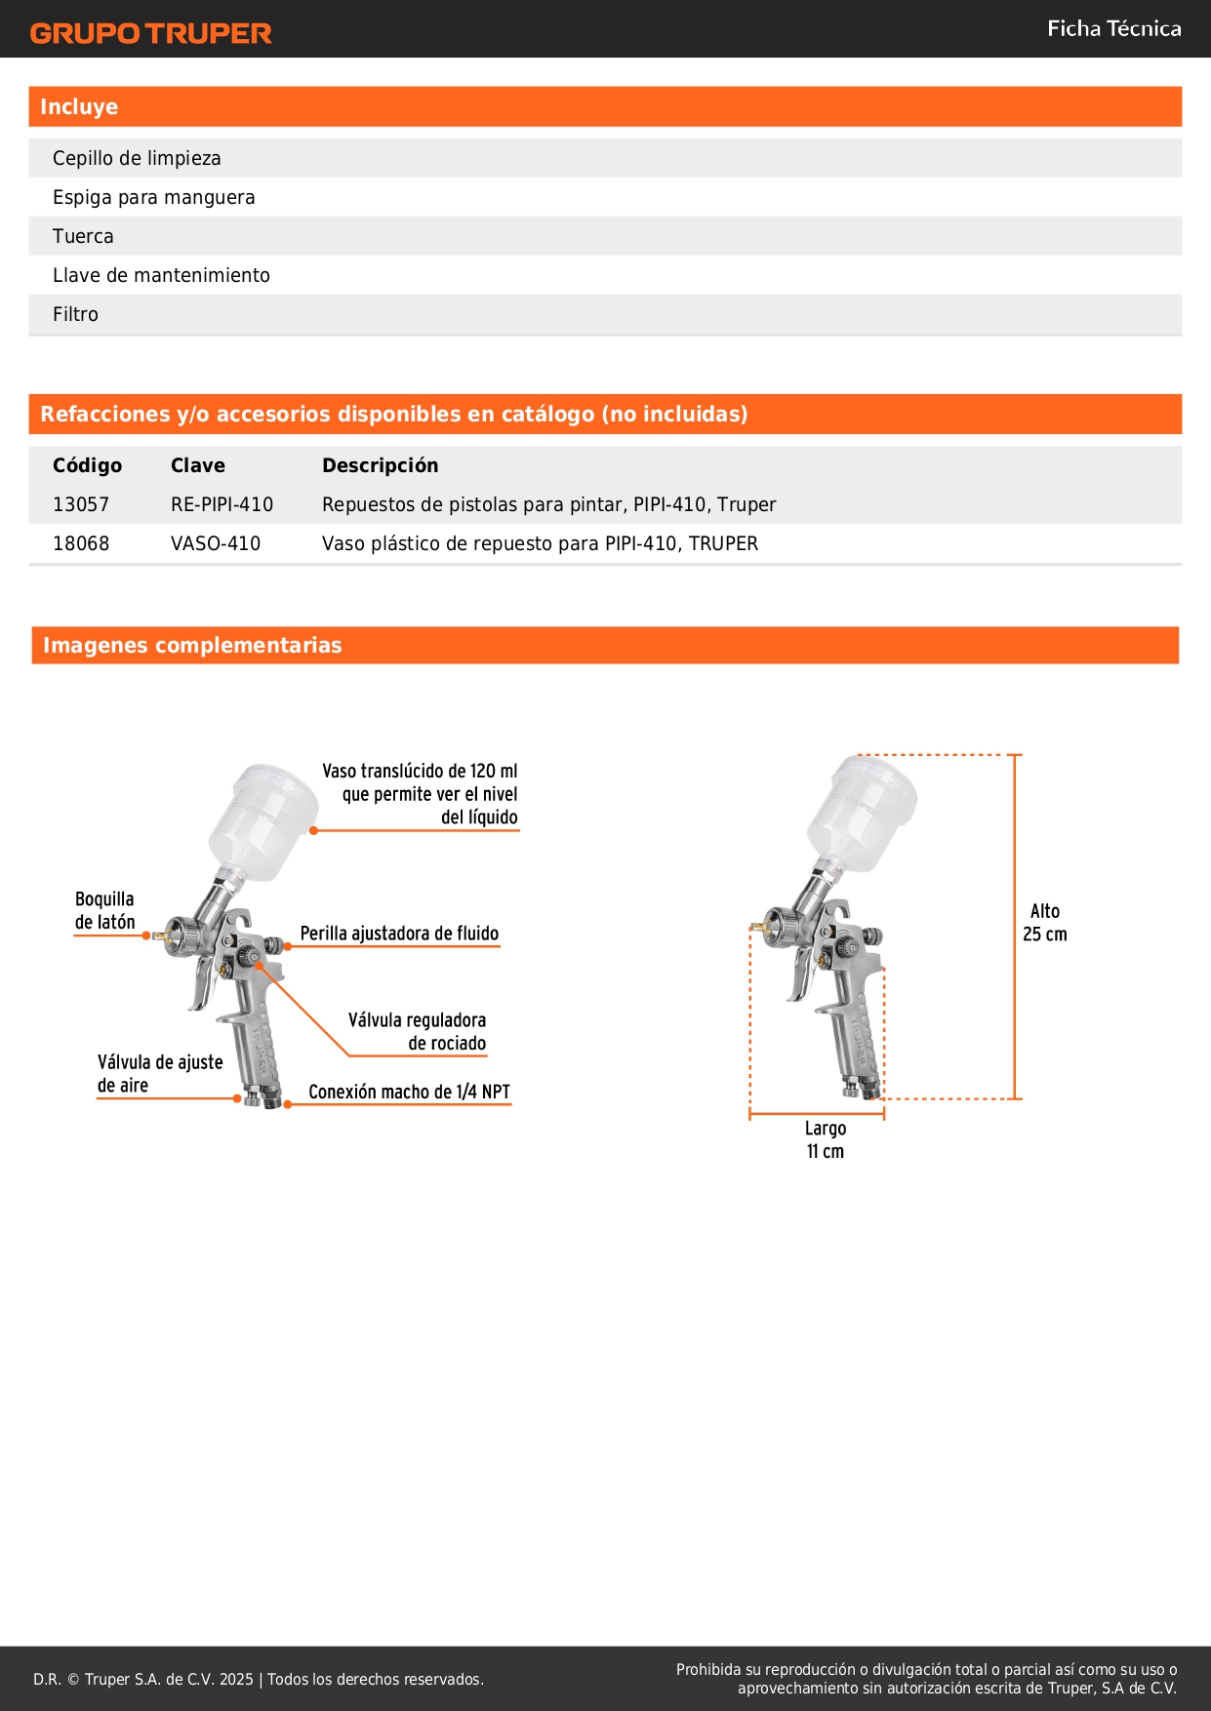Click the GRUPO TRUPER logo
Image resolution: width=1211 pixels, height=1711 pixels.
coord(150,33)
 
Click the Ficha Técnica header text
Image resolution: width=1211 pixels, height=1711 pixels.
coord(1113,29)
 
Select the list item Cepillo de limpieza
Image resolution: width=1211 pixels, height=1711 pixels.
coord(137,158)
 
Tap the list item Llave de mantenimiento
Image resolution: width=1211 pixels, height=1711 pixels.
coord(161,275)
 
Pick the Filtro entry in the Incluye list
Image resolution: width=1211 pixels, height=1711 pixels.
coord(75,314)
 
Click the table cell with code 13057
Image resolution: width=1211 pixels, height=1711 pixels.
coord(81,504)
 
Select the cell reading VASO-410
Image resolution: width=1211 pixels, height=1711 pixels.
coord(216,543)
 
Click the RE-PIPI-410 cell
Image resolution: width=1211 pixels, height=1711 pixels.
coord(222,504)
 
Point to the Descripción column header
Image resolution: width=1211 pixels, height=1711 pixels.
coord(380,465)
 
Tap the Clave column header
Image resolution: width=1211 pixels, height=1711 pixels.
coord(197,465)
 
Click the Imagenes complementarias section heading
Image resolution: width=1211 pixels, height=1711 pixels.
coord(192,645)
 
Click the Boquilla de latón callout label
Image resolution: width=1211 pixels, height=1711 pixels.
coord(104,910)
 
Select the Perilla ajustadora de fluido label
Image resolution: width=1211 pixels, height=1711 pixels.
coord(399,934)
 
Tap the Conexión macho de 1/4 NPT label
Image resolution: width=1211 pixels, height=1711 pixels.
coord(409,1092)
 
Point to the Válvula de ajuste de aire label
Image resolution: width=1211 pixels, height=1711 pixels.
coord(159,1073)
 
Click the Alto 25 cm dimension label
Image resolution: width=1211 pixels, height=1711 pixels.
coord(1044,922)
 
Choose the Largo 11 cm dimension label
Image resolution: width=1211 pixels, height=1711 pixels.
coord(825,1139)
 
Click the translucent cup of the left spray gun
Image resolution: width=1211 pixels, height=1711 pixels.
coord(264,819)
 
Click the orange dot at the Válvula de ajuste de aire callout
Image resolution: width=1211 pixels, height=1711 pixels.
coord(237,1098)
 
